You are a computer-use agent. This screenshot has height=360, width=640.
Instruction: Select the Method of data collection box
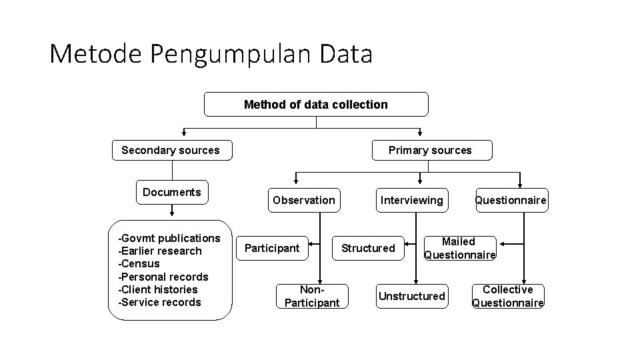tap(315, 105)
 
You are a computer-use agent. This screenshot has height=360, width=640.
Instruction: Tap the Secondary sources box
tap(170, 151)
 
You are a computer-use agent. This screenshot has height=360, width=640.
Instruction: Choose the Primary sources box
tap(430, 151)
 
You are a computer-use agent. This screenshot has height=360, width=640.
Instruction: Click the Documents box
tap(171, 193)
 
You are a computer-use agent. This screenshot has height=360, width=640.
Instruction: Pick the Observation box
tap(303, 200)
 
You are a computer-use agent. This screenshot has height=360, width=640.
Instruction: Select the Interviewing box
tap(411, 200)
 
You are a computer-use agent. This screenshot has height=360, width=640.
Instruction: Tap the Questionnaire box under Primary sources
tap(511, 200)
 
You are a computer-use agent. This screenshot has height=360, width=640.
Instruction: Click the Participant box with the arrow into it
tap(272, 249)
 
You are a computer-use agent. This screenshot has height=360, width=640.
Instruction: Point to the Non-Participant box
tap(311, 296)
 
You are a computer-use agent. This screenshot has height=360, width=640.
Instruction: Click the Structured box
tap(368, 249)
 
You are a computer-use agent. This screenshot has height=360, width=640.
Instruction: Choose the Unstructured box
tap(411, 296)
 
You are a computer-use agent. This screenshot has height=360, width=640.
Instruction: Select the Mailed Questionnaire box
tap(459, 248)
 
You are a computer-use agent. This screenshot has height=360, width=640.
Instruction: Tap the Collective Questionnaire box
tap(508, 296)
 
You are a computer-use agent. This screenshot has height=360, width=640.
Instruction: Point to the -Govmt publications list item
tap(169, 239)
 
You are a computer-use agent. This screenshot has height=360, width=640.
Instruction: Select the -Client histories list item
tap(158, 289)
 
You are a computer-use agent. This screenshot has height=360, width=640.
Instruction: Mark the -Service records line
tap(159, 302)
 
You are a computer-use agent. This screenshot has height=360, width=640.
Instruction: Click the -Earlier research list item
tap(159, 251)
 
